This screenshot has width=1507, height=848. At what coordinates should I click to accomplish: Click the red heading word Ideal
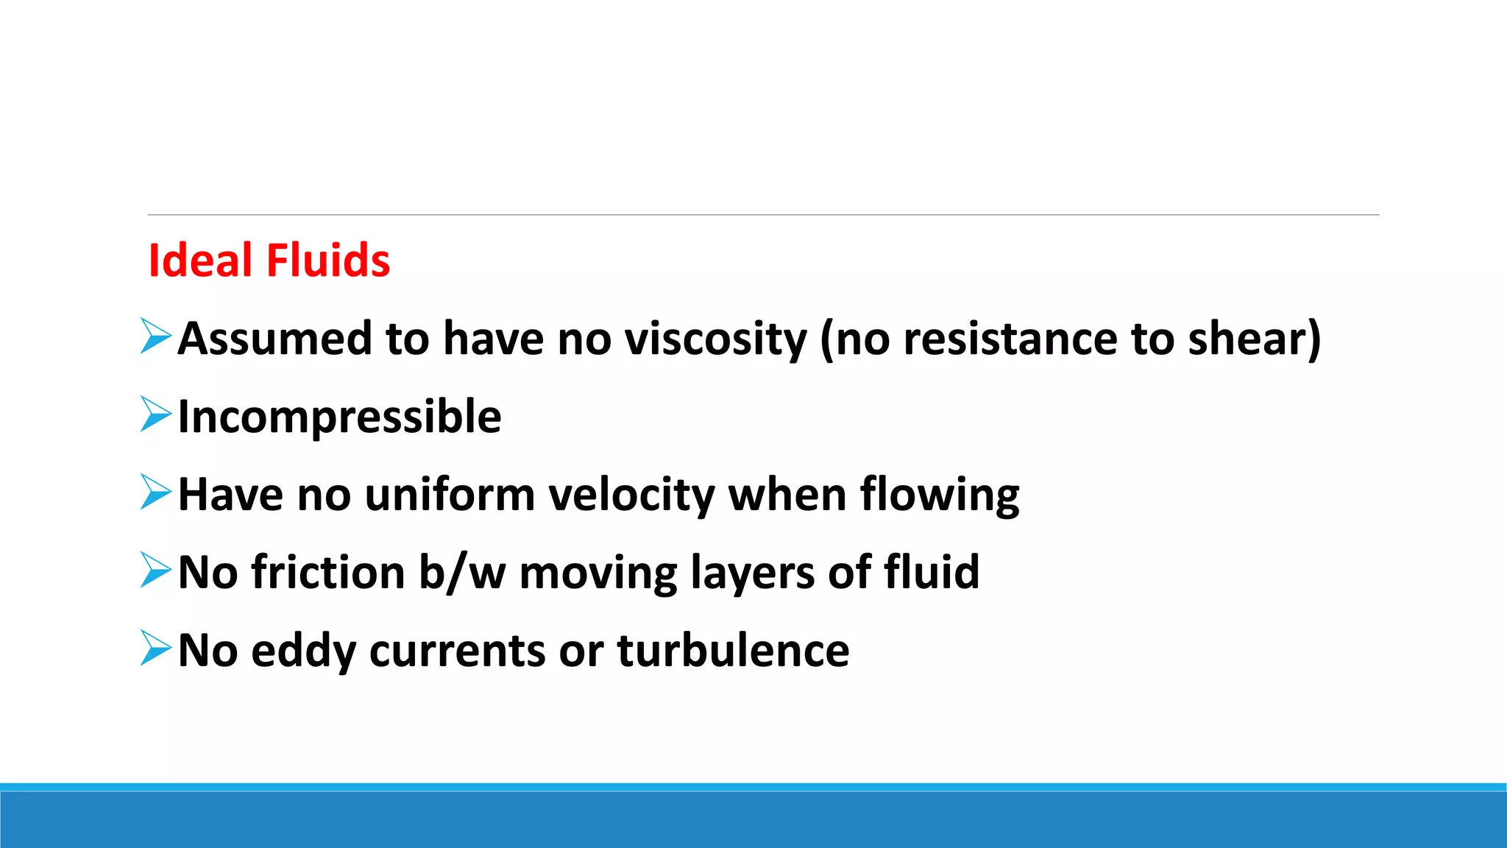[x=200, y=261]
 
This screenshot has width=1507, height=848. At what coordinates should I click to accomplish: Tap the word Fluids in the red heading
[x=327, y=261]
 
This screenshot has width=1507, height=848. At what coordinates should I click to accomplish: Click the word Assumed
[x=274, y=339]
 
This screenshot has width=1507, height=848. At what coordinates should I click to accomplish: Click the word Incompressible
[x=339, y=417]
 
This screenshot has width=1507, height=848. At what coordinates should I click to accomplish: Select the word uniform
[x=450, y=495]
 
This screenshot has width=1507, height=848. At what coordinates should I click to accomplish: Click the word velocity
[x=632, y=495]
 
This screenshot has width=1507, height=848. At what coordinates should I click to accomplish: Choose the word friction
[x=328, y=573]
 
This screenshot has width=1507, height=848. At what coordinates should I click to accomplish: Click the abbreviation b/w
[x=462, y=573]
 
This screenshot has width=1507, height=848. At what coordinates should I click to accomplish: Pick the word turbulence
[x=733, y=651]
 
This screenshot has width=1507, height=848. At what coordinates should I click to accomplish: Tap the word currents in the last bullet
[x=457, y=651]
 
